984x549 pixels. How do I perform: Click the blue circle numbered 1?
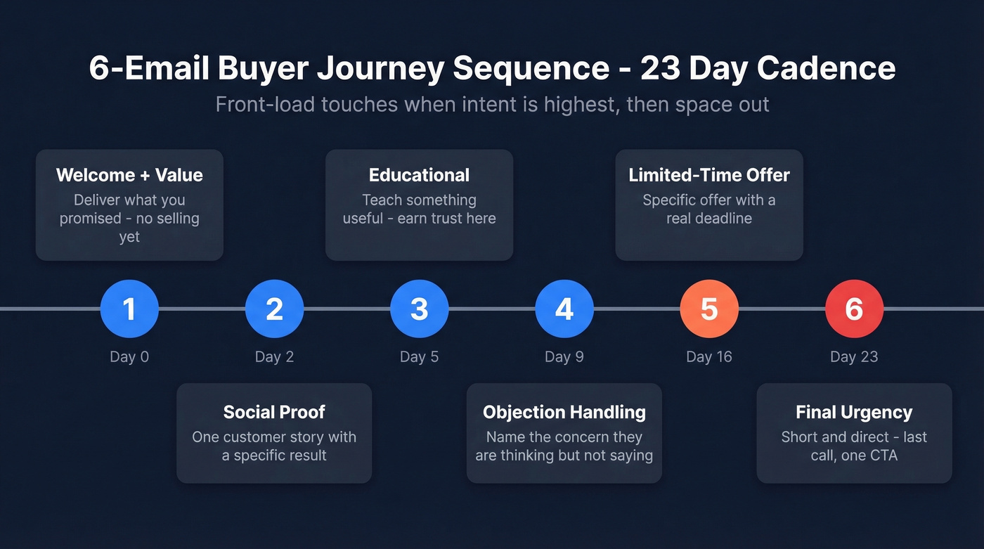coord(129,309)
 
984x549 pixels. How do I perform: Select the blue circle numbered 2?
coord(274,309)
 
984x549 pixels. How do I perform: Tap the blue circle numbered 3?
coord(420,309)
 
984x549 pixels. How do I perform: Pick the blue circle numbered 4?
coord(564,309)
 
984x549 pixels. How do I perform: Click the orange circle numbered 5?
coord(709,309)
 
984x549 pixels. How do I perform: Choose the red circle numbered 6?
coord(854,309)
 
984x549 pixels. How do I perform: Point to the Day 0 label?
coord(129,356)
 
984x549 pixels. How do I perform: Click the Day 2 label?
coord(274,356)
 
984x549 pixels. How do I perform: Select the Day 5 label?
coord(420,356)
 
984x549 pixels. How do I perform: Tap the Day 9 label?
coord(564,356)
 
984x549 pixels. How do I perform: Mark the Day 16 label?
coord(709,356)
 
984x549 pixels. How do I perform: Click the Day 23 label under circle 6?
coord(854,356)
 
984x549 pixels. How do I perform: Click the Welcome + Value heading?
coord(129,175)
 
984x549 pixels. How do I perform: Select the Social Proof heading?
coord(274,412)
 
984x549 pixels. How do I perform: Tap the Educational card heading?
coord(420,175)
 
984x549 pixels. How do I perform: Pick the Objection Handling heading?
coord(564,412)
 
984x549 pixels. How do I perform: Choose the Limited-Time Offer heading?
coord(709,175)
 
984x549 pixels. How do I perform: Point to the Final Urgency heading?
coord(854,412)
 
